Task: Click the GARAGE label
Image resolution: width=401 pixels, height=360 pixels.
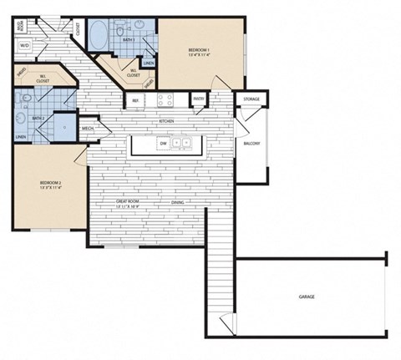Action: [x=307, y=297]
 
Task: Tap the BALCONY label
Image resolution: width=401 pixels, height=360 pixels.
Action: [x=251, y=143]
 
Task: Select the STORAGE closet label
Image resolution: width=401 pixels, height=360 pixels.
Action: [x=251, y=99]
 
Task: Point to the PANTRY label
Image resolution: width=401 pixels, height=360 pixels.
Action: [x=198, y=99]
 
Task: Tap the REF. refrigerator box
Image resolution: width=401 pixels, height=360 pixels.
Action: [x=135, y=100]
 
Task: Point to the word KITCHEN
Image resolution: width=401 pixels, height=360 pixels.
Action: [x=165, y=121]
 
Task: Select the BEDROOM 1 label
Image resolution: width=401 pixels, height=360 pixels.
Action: [x=198, y=52]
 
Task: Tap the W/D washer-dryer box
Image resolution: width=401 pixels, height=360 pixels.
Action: [x=24, y=45]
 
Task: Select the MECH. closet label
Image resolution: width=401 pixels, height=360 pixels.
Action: [x=88, y=129]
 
